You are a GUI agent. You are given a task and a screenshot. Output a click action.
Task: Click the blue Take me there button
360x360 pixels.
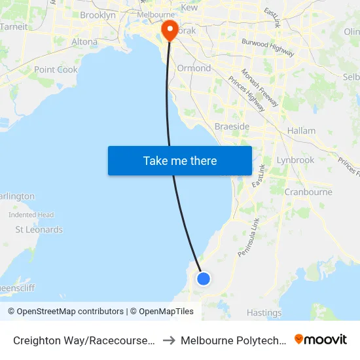click(x=180, y=160)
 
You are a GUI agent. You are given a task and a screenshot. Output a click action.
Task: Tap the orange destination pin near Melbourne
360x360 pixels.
click(x=169, y=30)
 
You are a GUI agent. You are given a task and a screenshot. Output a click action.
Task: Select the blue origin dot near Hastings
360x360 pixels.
click(x=204, y=278)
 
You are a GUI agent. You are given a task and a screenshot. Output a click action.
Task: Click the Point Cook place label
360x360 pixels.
click(x=56, y=69)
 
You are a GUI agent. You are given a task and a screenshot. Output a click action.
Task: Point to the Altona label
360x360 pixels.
click(x=84, y=41)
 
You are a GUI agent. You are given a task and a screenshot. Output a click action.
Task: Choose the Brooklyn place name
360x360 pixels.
click(x=98, y=14)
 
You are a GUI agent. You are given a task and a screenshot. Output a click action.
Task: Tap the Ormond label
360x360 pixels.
click(x=194, y=68)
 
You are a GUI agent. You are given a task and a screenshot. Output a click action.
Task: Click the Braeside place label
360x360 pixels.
click(x=232, y=126)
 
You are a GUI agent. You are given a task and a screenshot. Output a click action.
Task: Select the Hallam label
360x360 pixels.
click(x=300, y=131)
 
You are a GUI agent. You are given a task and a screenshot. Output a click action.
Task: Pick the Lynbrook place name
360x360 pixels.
click(x=295, y=160)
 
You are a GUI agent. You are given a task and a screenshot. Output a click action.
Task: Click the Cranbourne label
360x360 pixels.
click(x=308, y=192)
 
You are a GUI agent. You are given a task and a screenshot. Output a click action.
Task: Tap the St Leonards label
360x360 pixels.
click(x=39, y=230)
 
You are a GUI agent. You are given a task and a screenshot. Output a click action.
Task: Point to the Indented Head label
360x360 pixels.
click(x=31, y=215)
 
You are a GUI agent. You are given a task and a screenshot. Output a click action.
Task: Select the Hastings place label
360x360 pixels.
click(x=264, y=313)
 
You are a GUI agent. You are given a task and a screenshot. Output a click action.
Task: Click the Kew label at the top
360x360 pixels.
click(x=189, y=7)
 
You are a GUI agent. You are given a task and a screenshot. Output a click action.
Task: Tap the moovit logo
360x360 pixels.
click(x=321, y=339)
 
